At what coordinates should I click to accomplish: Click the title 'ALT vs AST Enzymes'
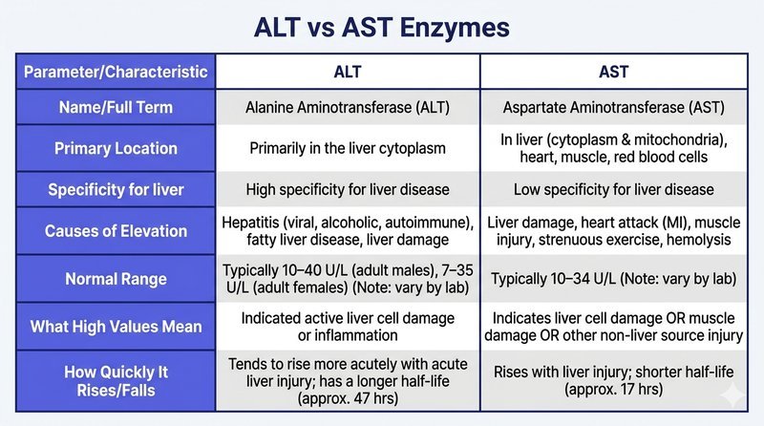tap(381, 28)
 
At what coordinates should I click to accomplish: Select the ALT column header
tap(348, 73)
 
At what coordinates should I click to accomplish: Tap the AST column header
tap(613, 73)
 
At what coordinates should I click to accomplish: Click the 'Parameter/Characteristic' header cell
tap(116, 73)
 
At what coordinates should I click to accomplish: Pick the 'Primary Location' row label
tap(116, 148)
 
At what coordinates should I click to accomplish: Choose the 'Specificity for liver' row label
tap(116, 190)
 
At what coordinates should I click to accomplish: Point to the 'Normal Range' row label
tap(116, 279)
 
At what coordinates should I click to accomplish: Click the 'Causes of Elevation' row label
tap(116, 231)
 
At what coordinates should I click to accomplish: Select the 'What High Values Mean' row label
tap(116, 327)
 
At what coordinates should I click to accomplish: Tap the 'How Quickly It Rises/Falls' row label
tap(116, 381)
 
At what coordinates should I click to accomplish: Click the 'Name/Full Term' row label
tap(116, 107)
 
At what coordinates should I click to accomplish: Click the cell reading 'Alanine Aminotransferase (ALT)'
tap(348, 107)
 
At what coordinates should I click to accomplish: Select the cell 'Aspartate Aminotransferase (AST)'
tap(613, 107)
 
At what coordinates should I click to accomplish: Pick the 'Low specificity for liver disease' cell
tap(613, 190)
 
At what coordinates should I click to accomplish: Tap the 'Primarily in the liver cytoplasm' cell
tap(348, 148)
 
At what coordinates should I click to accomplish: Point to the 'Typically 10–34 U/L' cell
tap(613, 279)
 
